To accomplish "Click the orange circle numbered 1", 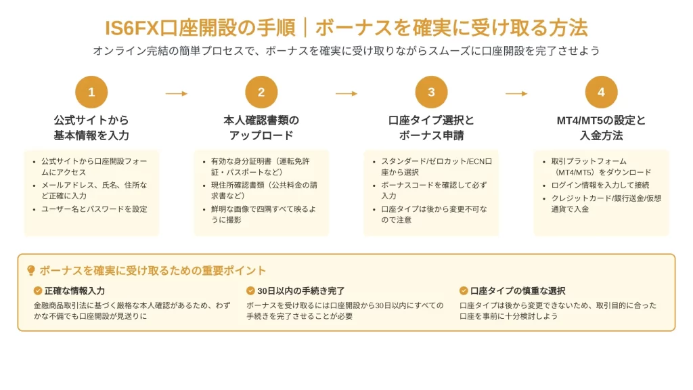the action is [x=91, y=92].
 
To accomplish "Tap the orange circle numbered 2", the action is [x=261, y=92].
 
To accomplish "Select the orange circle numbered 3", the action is [x=431, y=92].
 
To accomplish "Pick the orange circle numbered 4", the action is [x=601, y=92].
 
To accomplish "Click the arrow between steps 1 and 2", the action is [x=177, y=93].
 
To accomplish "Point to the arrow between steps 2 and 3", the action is [x=346, y=93].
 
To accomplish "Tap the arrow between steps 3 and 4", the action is [x=516, y=93].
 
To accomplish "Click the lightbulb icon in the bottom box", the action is [x=31, y=270].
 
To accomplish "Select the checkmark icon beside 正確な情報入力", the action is [x=38, y=290].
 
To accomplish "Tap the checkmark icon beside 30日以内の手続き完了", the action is [x=250, y=290].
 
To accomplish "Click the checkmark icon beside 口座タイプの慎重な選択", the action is [x=464, y=290].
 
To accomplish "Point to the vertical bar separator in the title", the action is [x=305, y=27].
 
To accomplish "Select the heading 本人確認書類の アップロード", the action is [x=261, y=127].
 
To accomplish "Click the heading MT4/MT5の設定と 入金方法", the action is [x=601, y=127].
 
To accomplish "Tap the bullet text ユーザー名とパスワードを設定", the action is [x=94, y=209].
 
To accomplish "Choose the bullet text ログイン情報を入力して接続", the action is [x=600, y=185].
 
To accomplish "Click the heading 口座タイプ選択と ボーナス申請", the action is [x=431, y=127].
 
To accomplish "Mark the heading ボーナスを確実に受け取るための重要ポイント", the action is [x=153, y=270].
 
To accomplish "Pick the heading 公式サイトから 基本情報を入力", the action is [x=91, y=127].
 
